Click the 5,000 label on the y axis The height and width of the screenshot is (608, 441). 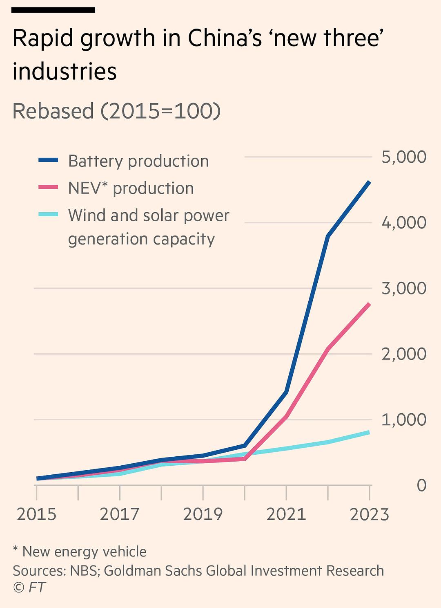point(404,157)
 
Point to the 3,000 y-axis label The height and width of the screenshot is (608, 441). point(404,288)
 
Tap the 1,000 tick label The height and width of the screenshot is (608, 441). point(404,420)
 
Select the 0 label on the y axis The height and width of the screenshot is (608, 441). point(421,485)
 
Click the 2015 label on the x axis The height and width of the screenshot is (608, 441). point(37,514)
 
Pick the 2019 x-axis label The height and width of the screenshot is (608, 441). point(203,514)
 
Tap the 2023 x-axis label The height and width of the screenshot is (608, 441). point(370,514)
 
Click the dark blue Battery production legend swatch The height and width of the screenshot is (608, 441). point(48,160)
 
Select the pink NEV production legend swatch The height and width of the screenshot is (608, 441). point(48,187)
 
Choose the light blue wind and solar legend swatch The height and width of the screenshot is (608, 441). point(48,214)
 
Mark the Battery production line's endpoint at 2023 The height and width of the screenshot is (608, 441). point(369,182)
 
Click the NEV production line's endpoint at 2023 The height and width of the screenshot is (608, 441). point(369,304)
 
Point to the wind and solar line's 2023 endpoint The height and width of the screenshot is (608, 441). point(369,432)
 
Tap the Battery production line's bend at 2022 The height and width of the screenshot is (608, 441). point(328,236)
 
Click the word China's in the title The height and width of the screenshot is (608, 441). point(225,38)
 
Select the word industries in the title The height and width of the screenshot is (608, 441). point(65,71)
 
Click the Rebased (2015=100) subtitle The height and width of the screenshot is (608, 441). point(116,111)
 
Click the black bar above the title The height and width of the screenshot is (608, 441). point(53,10)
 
